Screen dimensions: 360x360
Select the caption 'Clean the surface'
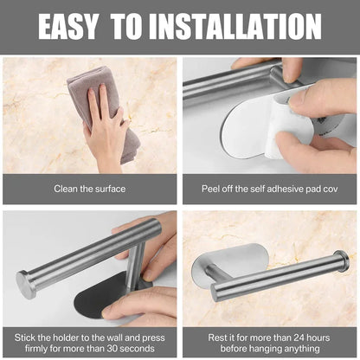[89, 188]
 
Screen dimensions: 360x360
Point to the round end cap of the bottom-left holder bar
[25, 283]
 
